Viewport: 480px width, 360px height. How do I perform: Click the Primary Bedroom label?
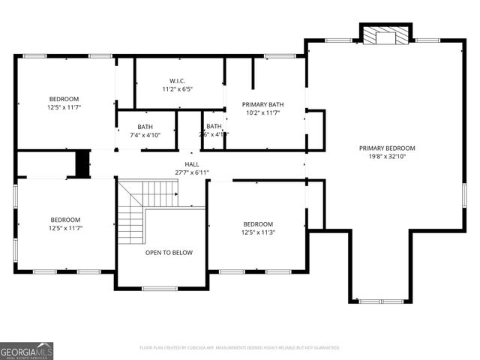[x=386, y=148]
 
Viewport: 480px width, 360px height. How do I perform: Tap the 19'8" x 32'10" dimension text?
[x=386, y=157]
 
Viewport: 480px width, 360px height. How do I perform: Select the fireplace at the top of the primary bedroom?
[x=386, y=34]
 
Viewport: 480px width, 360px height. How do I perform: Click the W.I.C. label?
[x=177, y=80]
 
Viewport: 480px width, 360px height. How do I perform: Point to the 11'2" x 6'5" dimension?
[x=177, y=88]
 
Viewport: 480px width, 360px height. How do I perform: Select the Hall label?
[x=192, y=164]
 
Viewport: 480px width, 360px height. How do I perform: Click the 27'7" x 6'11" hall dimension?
[x=192, y=172]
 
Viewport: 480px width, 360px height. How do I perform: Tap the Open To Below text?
[x=169, y=253]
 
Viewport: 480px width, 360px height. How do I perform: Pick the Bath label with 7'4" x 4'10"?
[x=145, y=127]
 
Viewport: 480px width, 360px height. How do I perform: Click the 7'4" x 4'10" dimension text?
[x=145, y=135]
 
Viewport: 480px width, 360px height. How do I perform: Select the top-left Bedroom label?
[x=64, y=99]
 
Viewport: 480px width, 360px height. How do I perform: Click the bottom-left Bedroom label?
[x=64, y=220]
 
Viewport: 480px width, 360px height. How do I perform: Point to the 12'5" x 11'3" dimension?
[x=258, y=232]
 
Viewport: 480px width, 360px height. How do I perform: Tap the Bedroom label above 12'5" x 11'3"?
[x=258, y=224]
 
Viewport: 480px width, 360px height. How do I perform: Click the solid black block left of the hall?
[x=82, y=163]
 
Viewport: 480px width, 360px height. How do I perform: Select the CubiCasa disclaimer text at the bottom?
[x=240, y=348]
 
